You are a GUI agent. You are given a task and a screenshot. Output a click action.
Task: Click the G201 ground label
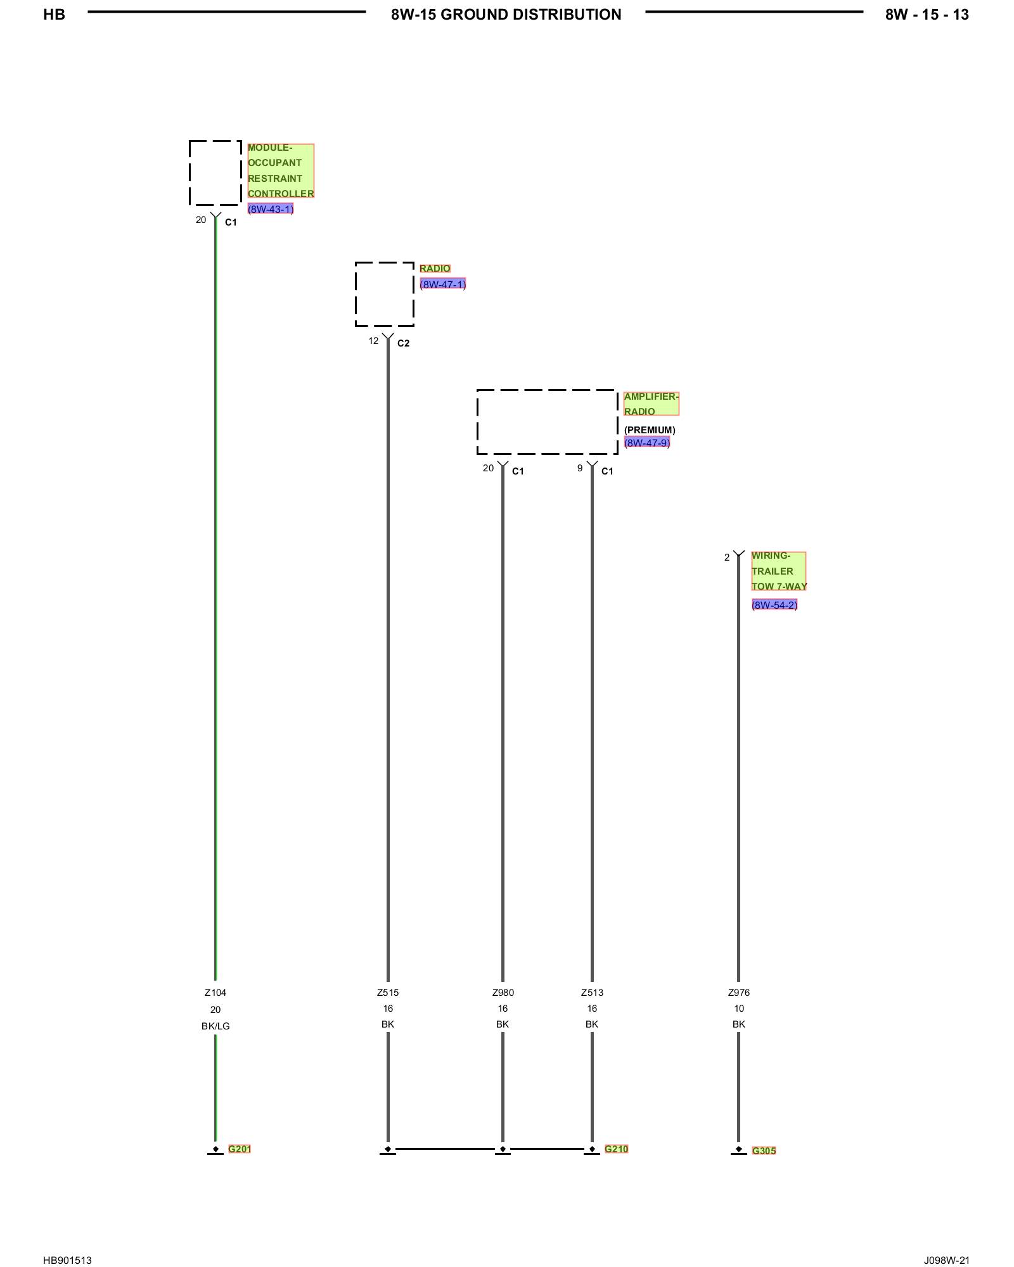240,1149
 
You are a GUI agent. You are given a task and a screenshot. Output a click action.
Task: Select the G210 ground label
616,1149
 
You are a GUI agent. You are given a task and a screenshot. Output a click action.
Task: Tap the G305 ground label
764,1150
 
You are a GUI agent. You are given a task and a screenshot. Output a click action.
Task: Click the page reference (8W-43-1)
271,209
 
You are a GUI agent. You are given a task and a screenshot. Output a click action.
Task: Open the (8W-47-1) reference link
442,284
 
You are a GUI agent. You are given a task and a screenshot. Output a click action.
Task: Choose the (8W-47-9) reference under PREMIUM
647,442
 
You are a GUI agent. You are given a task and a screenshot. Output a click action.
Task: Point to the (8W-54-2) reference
774,604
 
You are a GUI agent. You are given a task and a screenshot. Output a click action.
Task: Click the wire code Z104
215,993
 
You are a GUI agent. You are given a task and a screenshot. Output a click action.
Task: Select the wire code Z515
388,993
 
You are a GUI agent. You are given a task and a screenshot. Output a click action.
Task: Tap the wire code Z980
503,993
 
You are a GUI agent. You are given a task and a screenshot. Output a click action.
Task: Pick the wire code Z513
592,993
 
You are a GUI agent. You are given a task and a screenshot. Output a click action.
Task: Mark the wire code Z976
739,993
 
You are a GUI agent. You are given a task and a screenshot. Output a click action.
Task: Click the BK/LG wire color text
215,1026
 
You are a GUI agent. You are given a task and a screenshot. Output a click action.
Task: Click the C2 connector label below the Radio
404,343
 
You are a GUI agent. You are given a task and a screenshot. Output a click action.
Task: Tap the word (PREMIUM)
650,430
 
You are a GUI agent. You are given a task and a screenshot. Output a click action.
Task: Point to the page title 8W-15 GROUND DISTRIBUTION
506,15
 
